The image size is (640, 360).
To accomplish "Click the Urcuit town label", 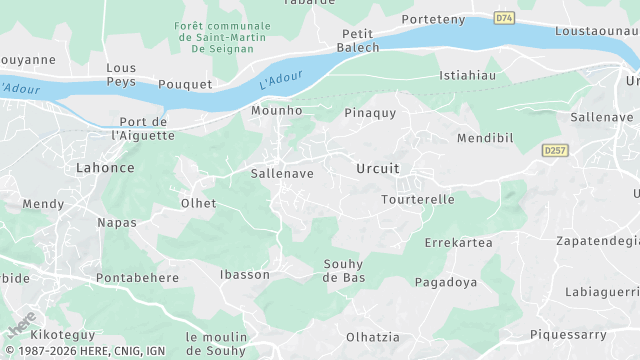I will [x=378, y=169].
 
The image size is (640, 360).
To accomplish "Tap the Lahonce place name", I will [x=105, y=168].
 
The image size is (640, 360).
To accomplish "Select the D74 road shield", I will [x=505, y=17].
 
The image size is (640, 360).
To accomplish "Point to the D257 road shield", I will [x=555, y=150].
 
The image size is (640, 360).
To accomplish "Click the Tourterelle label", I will [x=418, y=199].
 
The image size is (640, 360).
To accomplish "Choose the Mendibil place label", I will [x=484, y=137].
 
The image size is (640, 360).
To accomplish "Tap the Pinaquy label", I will [x=370, y=113].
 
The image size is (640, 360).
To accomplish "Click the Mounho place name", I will [x=277, y=111].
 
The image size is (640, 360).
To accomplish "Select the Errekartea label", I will [x=458, y=243].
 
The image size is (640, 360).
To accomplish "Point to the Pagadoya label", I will [x=445, y=283].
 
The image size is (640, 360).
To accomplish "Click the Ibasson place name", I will [x=245, y=274].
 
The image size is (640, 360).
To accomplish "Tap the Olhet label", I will [x=197, y=203].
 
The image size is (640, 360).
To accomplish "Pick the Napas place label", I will [x=116, y=222].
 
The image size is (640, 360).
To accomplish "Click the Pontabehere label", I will [x=137, y=277].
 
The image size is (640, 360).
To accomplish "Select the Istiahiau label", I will [x=468, y=75].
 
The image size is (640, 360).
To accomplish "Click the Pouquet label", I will [x=185, y=84].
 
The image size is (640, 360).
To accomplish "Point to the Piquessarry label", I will [x=569, y=333].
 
